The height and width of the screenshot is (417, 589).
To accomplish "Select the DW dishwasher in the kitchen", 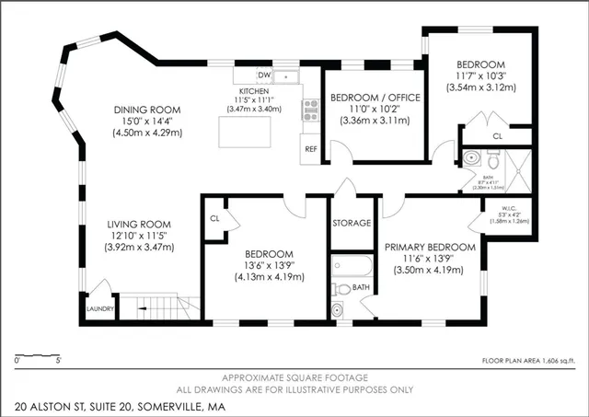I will pyautogui.click(x=263, y=75).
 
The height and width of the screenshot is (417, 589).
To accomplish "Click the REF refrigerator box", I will pyautogui.click(x=310, y=148).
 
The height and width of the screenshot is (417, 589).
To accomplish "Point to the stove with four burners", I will pyautogui.click(x=310, y=111).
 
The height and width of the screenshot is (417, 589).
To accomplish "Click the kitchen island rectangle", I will pyautogui.click(x=245, y=133).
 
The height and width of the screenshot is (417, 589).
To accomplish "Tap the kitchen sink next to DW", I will pyautogui.click(x=287, y=75).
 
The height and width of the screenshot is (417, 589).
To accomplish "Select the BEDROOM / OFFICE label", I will pyautogui.click(x=375, y=98).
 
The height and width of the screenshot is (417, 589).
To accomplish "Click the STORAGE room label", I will pyautogui.click(x=352, y=223).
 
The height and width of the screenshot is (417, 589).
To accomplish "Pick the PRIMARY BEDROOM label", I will pyautogui.click(x=430, y=247).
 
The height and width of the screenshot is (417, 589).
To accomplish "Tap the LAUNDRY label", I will pyautogui.click(x=98, y=310).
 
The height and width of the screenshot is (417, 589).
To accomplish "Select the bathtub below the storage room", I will pyautogui.click(x=352, y=267).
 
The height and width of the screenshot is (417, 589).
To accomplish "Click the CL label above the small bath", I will pyautogui.click(x=497, y=135).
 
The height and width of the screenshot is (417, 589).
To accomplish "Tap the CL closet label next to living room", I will pyautogui.click(x=214, y=219).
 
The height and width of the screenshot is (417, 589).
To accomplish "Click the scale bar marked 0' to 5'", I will pyautogui.click(x=39, y=355).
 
